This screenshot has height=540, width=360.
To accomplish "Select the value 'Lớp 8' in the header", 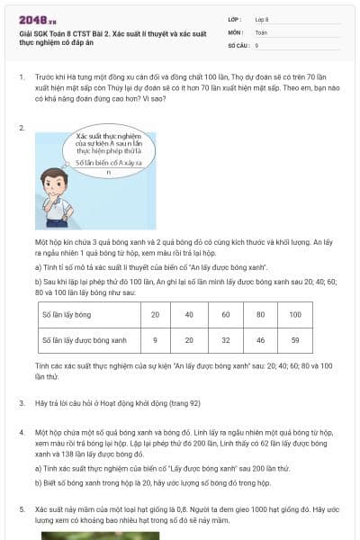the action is coord(263,19).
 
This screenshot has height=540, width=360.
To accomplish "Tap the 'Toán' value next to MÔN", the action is coord(261,31).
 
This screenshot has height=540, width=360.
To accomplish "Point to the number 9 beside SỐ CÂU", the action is coord(256,44).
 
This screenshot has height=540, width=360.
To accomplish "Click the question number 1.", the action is coord(21,76).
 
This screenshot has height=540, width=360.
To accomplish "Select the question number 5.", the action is coord(21,508).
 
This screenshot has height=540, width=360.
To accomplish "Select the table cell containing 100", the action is coord(295,314).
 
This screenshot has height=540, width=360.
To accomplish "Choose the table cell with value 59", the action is coord(295,339).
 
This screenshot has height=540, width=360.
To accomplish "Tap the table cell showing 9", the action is coord(156,339).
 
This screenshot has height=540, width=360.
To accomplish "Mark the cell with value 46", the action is coord(260,339).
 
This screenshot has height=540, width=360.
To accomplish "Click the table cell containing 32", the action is coord(225,339).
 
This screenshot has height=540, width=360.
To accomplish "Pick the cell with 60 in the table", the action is coord(225,314).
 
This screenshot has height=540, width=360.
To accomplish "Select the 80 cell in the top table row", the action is coord(260,314).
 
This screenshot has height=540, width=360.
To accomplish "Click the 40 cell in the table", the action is coord(190,314).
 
